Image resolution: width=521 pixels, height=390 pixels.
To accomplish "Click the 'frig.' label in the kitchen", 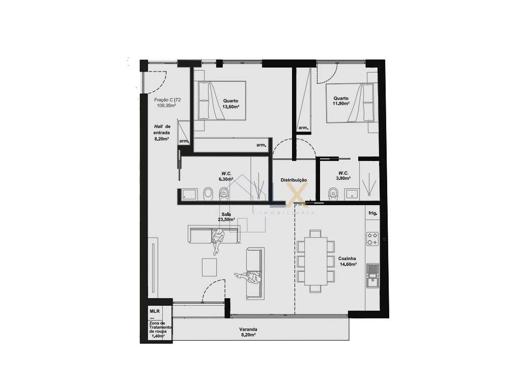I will (x=372, y=213).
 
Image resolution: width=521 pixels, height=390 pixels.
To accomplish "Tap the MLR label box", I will (x=154, y=310).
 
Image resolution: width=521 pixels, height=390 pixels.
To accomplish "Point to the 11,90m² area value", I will (x=340, y=104).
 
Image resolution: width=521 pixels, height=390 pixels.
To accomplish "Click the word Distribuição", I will (x=294, y=180).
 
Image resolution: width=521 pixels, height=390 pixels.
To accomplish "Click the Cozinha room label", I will (x=347, y=258).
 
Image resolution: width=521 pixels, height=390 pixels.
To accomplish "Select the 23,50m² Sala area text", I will (x=226, y=219).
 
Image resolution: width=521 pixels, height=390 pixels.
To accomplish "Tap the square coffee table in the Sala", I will (x=210, y=267).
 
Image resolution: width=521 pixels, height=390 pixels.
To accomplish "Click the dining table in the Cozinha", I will (x=315, y=261).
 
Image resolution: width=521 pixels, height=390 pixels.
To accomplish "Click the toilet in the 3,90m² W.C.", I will (x=333, y=193).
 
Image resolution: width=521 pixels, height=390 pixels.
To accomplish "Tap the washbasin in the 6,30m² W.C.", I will (x=189, y=194).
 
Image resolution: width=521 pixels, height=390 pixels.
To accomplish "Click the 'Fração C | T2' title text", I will (x=167, y=100).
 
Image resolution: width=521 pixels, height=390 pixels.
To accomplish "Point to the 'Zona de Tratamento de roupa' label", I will (x=160, y=330).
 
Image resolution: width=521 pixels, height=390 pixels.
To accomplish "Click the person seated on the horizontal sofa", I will (x=218, y=239).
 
